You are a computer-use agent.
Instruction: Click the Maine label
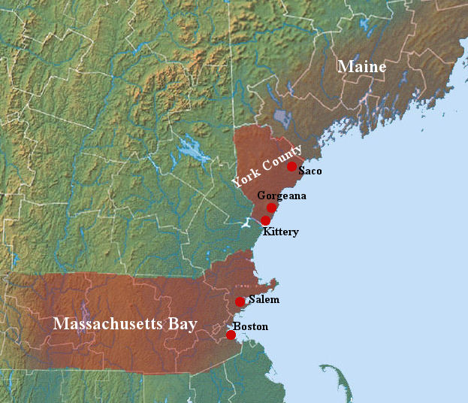(361, 67)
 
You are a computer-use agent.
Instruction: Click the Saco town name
(309, 171)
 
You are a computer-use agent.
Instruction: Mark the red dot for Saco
(291, 167)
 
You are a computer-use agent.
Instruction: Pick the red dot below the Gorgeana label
(272, 208)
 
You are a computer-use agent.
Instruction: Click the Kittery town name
(280, 232)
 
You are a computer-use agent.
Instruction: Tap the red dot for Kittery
(265, 220)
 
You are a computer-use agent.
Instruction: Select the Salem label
(263, 299)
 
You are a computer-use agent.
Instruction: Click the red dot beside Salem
(240, 301)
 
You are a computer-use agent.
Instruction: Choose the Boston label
(251, 326)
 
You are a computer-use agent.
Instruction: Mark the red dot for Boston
(231, 335)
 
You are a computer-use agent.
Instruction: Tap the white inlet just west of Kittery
(249, 223)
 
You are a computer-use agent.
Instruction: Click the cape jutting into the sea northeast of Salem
(274, 283)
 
